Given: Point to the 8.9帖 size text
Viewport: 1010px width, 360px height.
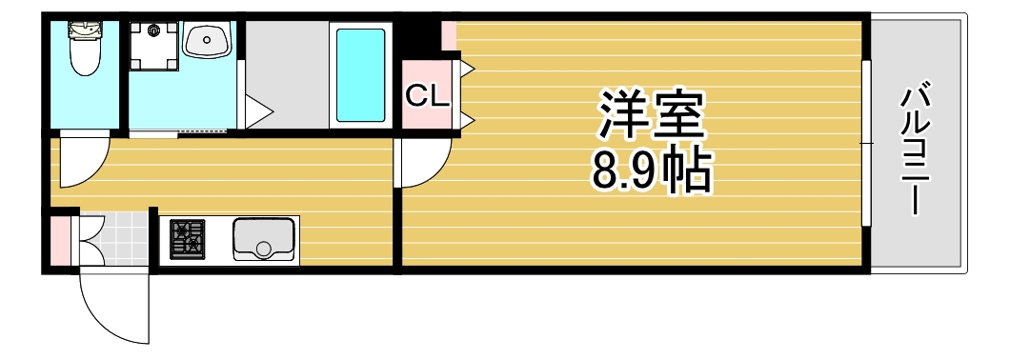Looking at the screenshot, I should (652, 170).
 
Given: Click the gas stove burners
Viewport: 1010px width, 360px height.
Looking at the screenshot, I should (188, 239).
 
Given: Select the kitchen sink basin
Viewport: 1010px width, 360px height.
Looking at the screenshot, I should (264, 238).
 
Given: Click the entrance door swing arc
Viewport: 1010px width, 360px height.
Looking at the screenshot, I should (112, 310).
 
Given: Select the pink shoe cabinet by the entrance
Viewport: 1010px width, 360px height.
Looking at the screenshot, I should (60, 240).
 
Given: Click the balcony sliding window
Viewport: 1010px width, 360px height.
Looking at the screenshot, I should (866, 143).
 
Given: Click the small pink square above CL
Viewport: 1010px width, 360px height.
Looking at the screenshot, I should (448, 36).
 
